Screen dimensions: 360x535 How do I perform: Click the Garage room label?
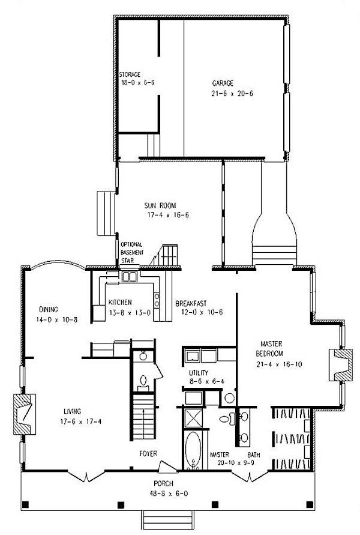(223, 83)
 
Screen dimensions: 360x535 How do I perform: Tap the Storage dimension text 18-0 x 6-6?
(138, 82)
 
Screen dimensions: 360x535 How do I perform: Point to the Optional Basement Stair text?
(132, 252)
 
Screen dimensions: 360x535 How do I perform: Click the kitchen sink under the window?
(129, 276)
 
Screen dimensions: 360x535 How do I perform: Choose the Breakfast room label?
(191, 303)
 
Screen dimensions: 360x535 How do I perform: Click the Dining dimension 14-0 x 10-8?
(56, 319)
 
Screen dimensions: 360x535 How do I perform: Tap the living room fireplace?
(25, 414)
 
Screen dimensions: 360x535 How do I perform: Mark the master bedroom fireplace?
(341, 364)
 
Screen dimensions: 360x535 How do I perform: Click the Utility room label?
(199, 373)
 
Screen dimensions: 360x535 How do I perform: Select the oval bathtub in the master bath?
(193, 450)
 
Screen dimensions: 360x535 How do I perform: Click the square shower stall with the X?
(193, 418)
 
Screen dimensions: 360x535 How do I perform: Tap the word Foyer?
(148, 453)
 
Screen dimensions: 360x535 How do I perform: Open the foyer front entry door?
(167, 467)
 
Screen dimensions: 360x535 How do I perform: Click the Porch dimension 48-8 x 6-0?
(169, 494)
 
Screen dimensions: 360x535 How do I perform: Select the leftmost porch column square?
(26, 504)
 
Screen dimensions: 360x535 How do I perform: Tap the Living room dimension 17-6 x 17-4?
(81, 422)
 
